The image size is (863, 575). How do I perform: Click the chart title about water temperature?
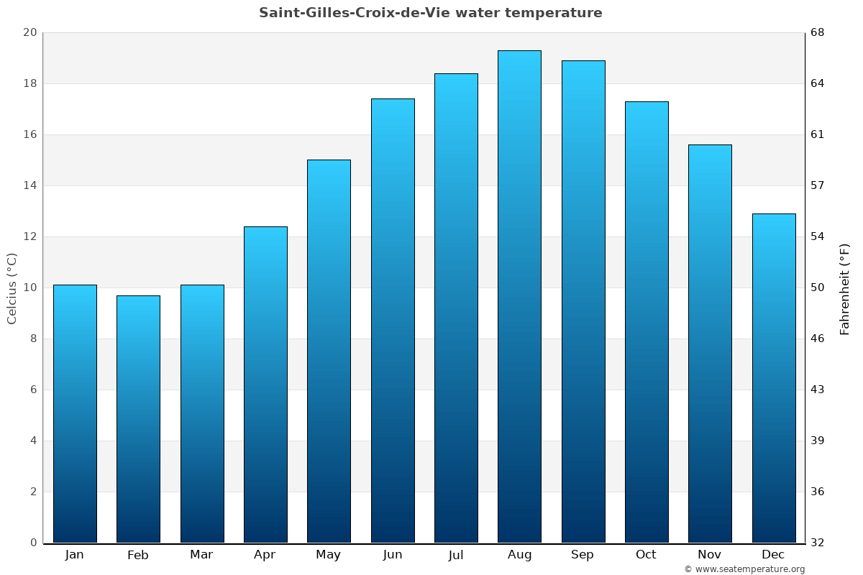431,13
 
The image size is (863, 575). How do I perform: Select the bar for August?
519,296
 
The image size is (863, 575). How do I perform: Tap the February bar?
138,419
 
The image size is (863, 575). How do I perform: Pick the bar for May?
329,351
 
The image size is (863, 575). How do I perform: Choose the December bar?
774,378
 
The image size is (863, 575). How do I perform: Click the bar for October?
647,322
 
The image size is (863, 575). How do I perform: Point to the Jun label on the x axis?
393,555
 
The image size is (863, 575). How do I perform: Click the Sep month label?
583,555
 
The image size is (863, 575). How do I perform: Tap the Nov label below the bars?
710,555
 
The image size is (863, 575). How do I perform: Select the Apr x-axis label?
265,555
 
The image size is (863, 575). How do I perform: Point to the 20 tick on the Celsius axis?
30,32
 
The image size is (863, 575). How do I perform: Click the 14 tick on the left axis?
30,185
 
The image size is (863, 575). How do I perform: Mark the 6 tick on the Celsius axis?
33,390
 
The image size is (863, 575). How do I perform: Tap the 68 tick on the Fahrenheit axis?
818,32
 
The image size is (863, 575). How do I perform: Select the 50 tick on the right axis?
818,287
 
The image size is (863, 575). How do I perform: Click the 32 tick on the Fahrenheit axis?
818,543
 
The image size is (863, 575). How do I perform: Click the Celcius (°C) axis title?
12,288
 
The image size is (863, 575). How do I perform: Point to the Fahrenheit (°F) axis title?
845,288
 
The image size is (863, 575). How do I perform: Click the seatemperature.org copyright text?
744,569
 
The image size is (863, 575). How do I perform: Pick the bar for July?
456,308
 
